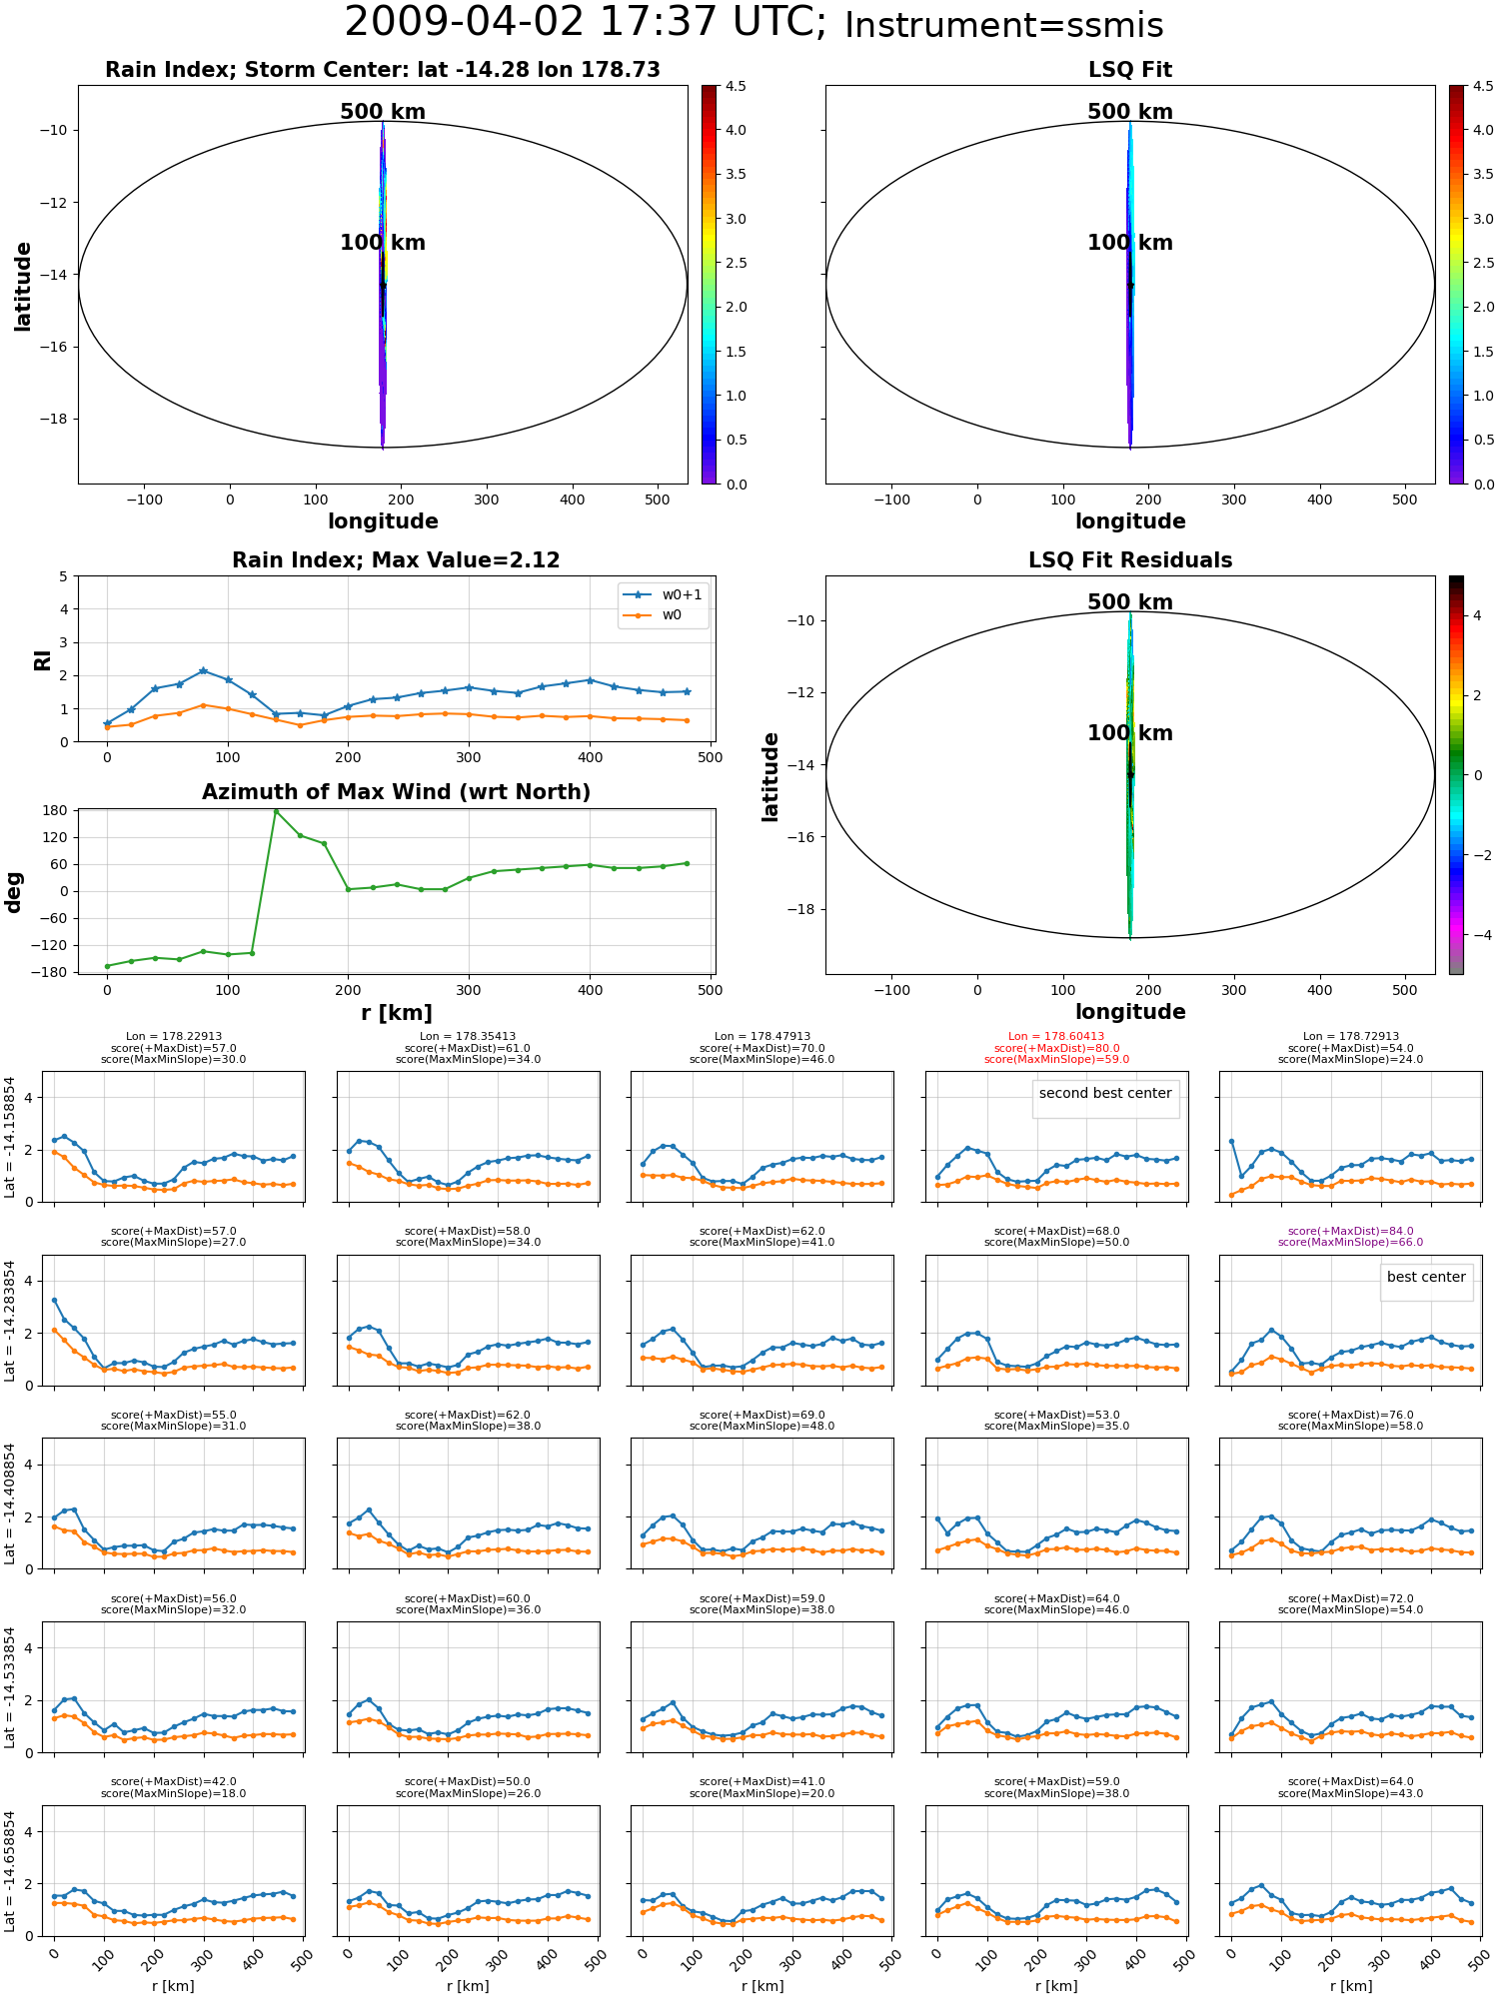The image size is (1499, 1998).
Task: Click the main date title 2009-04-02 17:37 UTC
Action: pyautogui.click(x=585, y=23)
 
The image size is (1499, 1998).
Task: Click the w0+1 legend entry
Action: pyautogui.click(x=664, y=594)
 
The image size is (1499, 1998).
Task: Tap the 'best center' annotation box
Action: pyautogui.click(x=1426, y=1277)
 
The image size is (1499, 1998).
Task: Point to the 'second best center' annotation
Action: pyautogui.click(x=1105, y=1093)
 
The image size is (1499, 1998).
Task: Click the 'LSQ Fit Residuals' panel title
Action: pyautogui.click(x=1130, y=560)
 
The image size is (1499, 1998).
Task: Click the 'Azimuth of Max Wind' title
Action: pyautogui.click(x=396, y=792)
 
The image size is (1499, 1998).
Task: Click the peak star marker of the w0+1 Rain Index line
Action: pyautogui.click(x=203, y=671)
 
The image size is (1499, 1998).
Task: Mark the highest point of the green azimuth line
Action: pyautogui.click(x=276, y=811)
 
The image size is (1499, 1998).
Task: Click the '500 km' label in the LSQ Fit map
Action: pyautogui.click(x=1130, y=112)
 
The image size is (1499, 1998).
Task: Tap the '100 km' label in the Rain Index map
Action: pyautogui.click(x=383, y=243)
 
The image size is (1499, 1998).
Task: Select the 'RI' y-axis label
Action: pyautogui.click(x=43, y=659)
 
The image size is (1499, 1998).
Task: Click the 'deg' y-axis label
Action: pyautogui.click(x=14, y=891)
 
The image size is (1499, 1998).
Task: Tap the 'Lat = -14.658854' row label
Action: pyautogui.click(x=10, y=1871)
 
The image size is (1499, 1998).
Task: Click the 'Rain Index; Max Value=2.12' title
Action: pyautogui.click(x=396, y=560)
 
